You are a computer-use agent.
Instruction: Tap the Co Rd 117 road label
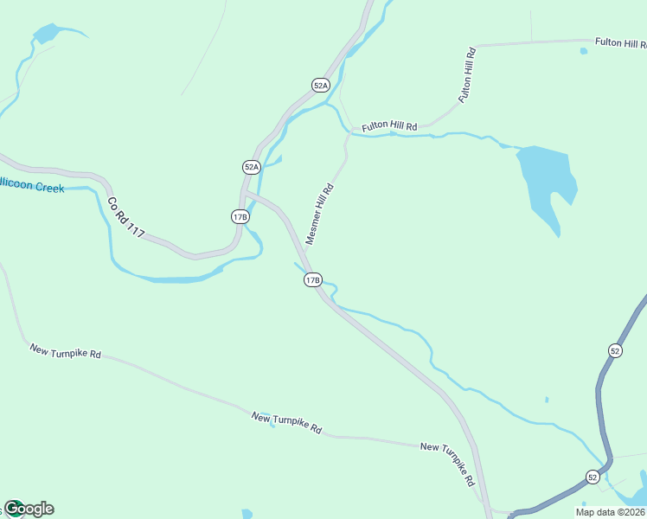click(x=126, y=217)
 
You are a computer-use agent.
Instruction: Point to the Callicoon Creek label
click(x=31, y=185)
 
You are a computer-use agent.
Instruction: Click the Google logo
click(x=29, y=509)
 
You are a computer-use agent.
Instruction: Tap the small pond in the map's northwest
click(x=44, y=35)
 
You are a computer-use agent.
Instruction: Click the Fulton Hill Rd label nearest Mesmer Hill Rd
click(x=389, y=126)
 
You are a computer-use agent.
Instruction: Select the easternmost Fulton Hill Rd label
click(x=620, y=42)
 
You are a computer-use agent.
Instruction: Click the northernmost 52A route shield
click(x=321, y=85)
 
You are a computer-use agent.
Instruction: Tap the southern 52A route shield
click(x=251, y=167)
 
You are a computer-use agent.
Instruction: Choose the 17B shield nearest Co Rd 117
click(x=240, y=216)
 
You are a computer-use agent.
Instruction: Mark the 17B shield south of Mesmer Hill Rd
click(x=313, y=279)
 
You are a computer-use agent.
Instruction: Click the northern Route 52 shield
click(x=615, y=350)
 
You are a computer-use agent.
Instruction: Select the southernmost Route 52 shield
click(x=593, y=477)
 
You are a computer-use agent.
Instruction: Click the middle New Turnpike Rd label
click(x=287, y=422)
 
